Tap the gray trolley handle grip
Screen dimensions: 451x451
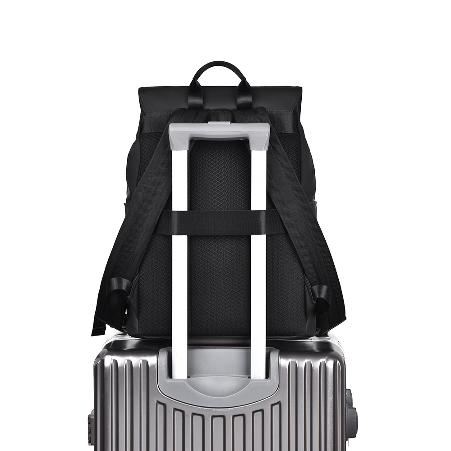[x=219, y=131]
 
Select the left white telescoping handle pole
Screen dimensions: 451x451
[x=179, y=262]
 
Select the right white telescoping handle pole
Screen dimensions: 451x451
[x=258, y=262]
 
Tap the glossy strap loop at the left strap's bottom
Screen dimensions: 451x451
[x=118, y=293]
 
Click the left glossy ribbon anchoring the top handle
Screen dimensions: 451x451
[x=195, y=95]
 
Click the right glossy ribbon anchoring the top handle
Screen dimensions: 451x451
[x=244, y=95]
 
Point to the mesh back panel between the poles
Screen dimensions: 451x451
[x=219, y=180]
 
